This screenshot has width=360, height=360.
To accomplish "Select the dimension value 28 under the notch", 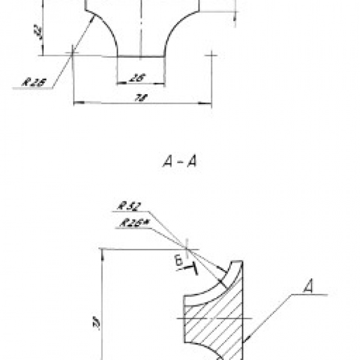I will (x=139, y=77).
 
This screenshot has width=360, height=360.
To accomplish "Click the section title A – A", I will (x=180, y=161).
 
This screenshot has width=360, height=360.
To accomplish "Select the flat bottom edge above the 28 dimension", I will (x=140, y=57).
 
